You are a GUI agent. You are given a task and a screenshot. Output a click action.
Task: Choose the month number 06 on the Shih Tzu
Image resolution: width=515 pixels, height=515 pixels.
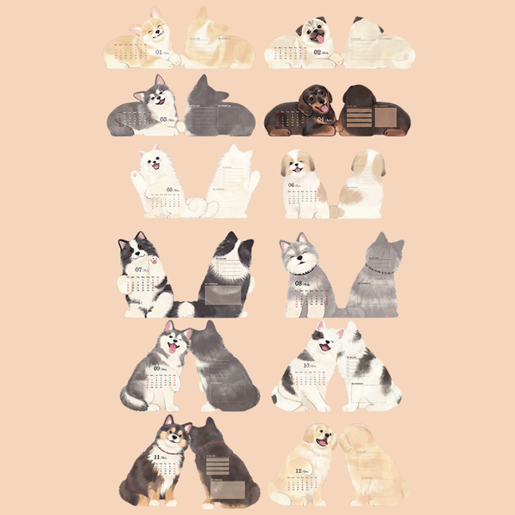(292, 185)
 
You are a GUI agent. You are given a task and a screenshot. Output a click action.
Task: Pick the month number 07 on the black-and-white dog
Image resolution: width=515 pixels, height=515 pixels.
(138, 270)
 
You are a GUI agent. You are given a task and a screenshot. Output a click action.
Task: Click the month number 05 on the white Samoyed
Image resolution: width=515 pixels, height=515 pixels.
(171, 190)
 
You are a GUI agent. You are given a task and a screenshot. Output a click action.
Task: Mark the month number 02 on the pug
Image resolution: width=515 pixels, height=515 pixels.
(318, 51)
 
